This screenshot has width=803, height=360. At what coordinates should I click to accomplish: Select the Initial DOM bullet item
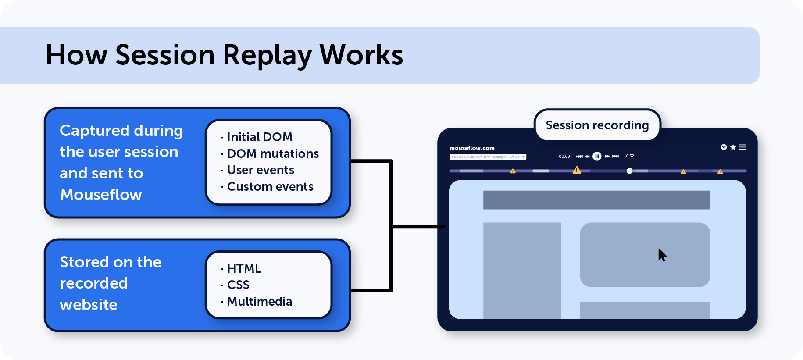(259, 137)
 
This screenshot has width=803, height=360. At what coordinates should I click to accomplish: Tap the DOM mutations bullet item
(272, 154)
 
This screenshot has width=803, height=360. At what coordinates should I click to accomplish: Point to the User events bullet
(260, 170)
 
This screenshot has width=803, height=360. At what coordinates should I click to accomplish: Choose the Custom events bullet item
(270, 187)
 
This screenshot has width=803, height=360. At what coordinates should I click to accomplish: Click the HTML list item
(244, 268)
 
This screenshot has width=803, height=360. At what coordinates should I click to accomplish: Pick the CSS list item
(238, 285)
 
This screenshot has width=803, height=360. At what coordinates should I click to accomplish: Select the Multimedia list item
(259, 302)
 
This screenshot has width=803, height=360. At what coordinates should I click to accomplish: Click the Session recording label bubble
(597, 125)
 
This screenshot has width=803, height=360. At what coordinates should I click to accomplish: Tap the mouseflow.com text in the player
(472, 148)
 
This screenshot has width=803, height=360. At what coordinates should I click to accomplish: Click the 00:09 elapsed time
(564, 157)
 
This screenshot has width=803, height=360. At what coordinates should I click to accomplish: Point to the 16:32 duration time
(629, 156)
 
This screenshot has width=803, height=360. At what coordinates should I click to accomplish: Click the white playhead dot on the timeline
(629, 171)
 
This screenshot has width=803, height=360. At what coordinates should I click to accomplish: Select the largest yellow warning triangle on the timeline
(577, 170)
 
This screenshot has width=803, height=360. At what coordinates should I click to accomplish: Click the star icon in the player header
(733, 147)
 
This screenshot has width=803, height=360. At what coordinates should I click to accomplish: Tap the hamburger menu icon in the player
(742, 147)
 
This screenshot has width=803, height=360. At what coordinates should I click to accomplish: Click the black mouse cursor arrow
(662, 255)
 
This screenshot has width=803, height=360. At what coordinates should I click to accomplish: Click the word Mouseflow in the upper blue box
(101, 195)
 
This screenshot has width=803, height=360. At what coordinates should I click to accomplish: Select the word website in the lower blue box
(89, 305)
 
